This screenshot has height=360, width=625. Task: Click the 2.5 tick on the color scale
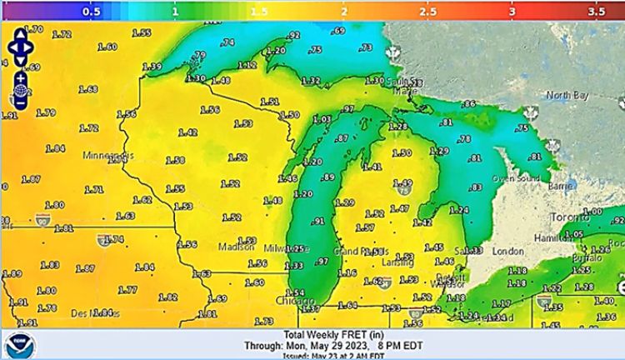point(428,13)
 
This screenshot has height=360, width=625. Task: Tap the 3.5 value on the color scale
point(596,13)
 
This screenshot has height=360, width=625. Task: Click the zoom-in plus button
point(20,77)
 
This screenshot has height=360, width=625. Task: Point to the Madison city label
point(236,247)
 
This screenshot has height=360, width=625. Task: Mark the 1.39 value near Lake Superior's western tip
point(152,67)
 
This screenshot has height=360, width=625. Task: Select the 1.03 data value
point(322,118)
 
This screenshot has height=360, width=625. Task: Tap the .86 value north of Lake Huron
point(468,104)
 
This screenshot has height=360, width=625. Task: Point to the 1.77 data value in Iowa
point(127,290)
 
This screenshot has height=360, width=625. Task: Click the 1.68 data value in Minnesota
point(87,89)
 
